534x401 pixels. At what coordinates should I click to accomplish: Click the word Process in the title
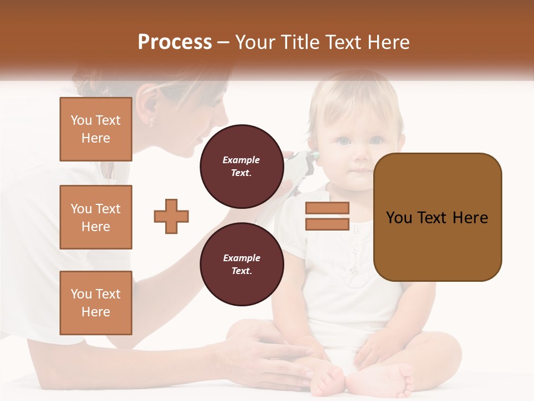pyautogui.click(x=175, y=42)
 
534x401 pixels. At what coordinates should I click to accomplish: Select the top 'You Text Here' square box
pyautogui.click(x=96, y=129)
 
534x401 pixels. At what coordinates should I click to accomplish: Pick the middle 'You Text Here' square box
pyautogui.click(x=96, y=217)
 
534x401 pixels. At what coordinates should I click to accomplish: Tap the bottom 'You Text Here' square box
pyautogui.click(x=96, y=303)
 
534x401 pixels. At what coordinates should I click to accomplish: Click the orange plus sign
pyautogui.click(x=171, y=216)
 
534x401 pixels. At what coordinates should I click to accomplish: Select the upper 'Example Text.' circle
pyautogui.click(x=241, y=166)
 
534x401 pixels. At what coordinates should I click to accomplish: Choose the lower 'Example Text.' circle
pyautogui.click(x=241, y=264)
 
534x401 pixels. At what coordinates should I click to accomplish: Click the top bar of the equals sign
pyautogui.click(x=327, y=208)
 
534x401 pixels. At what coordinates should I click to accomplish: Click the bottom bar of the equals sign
pyautogui.click(x=327, y=224)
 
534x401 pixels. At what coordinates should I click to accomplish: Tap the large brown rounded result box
pyautogui.click(x=437, y=217)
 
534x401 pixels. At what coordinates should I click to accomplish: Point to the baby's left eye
pyautogui.click(x=377, y=140)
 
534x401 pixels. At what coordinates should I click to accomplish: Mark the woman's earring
pyautogui.click(x=151, y=121)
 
